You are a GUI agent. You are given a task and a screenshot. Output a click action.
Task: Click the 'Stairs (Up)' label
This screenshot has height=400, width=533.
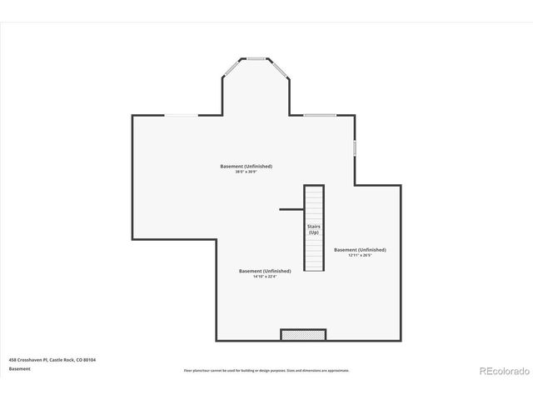tap(313, 229)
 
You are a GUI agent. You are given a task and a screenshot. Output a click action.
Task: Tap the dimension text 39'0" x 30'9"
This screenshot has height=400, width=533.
tap(246, 172)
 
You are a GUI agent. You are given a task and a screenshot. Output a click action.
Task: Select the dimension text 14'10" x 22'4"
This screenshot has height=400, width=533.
tap(265, 277)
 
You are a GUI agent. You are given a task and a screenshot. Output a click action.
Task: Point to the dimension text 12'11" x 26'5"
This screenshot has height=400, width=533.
tap(360, 255)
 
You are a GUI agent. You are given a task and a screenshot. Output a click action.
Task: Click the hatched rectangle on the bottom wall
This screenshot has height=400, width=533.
tap(302, 335)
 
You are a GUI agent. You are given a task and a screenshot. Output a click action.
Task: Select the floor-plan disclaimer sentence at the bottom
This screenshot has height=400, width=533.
tap(266, 370)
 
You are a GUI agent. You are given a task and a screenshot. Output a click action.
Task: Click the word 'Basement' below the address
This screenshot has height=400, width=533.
tap(19, 367)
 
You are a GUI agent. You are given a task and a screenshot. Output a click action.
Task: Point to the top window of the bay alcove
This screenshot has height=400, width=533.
tap(256, 58)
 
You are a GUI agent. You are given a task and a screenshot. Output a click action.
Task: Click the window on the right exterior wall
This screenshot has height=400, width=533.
tap(354, 147)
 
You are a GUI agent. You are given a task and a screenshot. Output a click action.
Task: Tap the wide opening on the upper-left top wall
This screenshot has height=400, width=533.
tap(182, 115)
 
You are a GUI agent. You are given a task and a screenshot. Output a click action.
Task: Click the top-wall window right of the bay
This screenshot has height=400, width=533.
tap(319, 115)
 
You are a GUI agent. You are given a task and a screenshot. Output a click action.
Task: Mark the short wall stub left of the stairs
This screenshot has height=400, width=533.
tap(290, 209)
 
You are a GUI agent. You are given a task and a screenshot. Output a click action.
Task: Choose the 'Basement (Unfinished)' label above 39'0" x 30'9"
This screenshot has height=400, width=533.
tap(246, 166)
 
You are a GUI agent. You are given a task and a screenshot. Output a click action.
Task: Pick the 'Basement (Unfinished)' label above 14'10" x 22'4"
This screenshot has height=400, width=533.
tap(265, 271)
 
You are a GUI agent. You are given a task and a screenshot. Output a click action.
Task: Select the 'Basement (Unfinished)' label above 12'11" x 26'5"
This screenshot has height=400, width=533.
tap(360, 249)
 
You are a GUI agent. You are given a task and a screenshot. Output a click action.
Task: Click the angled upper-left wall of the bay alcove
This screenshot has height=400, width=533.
tap(232, 67)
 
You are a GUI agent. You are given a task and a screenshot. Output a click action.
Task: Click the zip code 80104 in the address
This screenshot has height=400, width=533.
tap(90, 359)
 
